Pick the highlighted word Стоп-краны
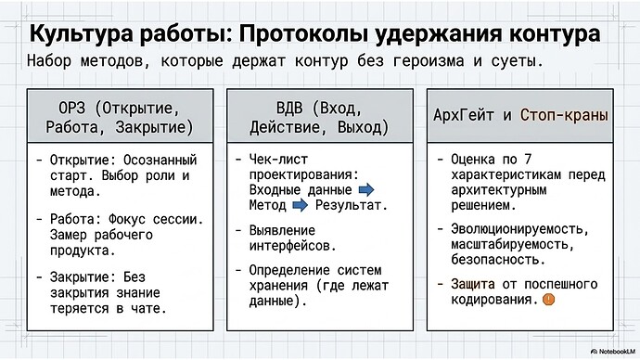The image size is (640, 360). pos(565,116)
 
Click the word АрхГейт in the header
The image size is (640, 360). pos(464,116)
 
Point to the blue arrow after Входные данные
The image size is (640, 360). pos(366,189)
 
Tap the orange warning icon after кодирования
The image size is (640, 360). pos(549,300)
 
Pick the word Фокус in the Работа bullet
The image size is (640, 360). pos(143,220)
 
